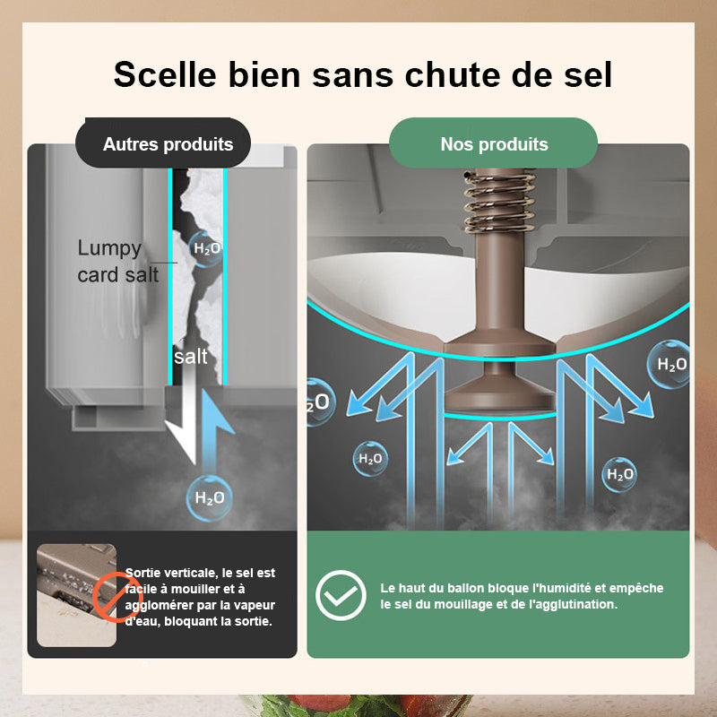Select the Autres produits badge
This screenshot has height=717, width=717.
pos(168,143)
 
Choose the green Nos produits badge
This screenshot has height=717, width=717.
pos(494,143)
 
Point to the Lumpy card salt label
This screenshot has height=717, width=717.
pos(117,261)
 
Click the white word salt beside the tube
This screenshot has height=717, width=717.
pos(190,357)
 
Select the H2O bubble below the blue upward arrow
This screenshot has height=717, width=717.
pos(209,498)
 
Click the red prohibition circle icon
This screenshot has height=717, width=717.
pos(116,595)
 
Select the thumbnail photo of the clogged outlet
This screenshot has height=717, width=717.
pos(76,595)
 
